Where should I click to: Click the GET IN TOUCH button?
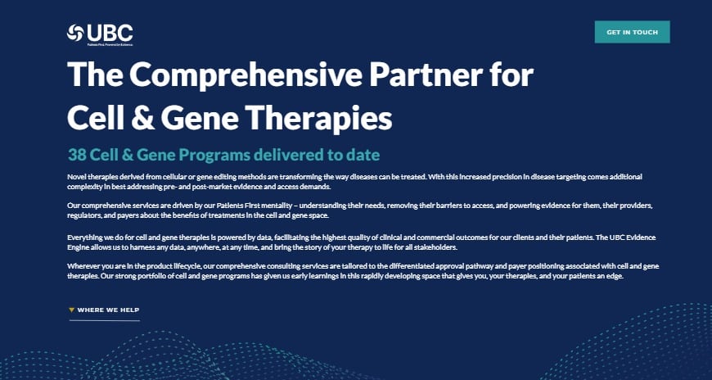(632, 32)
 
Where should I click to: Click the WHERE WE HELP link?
(108, 310)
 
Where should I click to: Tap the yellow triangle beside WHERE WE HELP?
(71, 310)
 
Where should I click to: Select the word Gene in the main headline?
(208, 118)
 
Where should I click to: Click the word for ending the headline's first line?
(510, 75)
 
